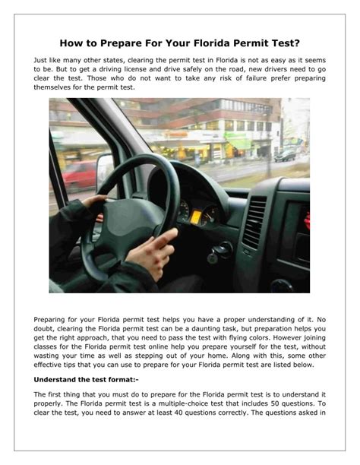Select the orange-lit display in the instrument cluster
(x=194, y=216)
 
